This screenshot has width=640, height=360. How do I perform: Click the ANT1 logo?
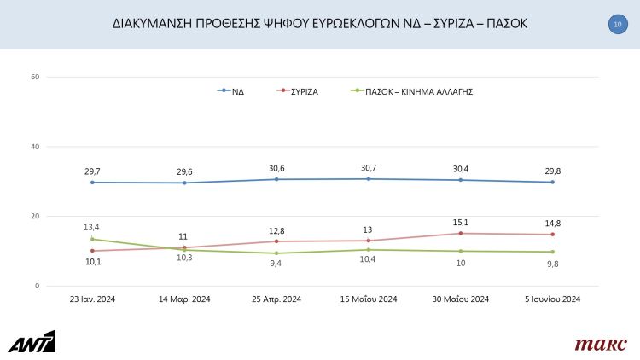click(x=32, y=341)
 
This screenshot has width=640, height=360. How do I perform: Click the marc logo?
click(x=600, y=344)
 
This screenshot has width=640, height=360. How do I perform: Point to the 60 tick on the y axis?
click(x=35, y=78)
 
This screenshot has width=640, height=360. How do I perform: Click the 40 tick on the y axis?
click(x=35, y=147)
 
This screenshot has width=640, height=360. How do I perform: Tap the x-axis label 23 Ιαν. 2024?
click(x=92, y=299)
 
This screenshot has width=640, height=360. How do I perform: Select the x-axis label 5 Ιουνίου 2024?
click(x=552, y=299)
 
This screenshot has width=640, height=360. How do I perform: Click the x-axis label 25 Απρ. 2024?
click(x=276, y=299)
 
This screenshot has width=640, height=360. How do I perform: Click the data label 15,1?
click(x=461, y=221)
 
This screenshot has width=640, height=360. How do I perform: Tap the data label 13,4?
click(x=92, y=227)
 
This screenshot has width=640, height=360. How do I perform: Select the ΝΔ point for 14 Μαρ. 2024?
click(x=184, y=183)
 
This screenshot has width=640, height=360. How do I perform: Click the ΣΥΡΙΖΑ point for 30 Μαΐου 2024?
click(x=461, y=233)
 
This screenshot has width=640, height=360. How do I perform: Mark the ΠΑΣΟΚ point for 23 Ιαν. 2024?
click(x=92, y=239)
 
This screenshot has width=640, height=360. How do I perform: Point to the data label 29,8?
click(x=552, y=171)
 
